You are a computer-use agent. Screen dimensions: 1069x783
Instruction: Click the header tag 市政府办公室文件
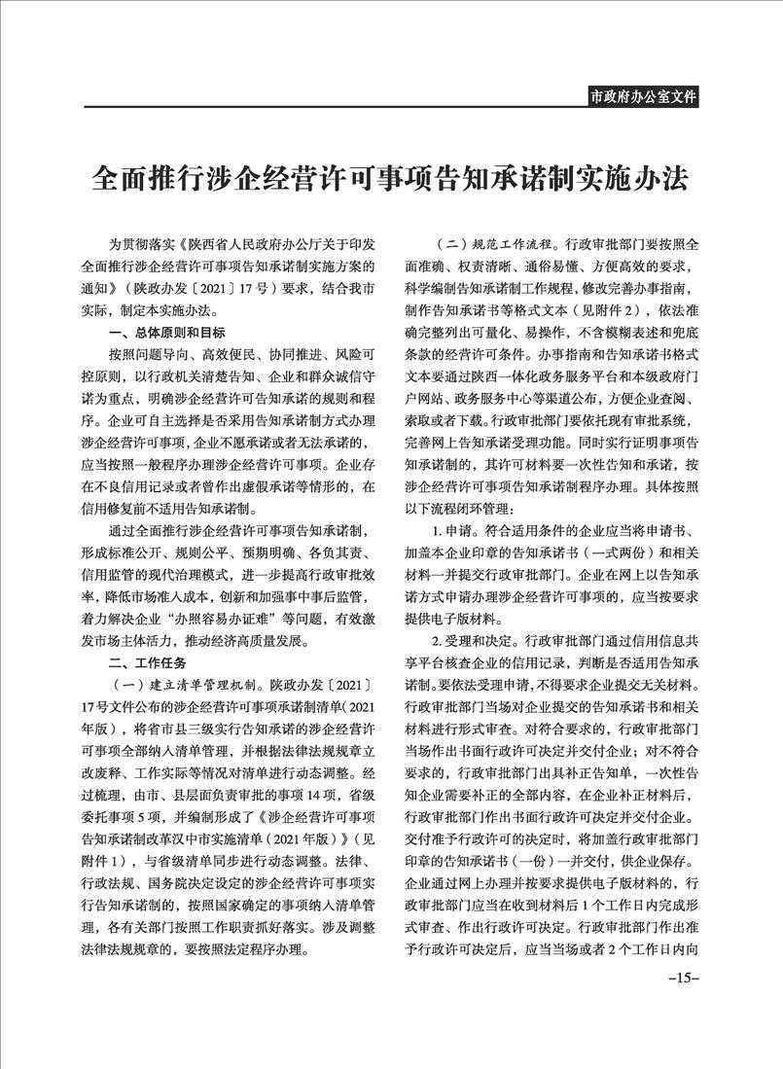(x=644, y=95)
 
